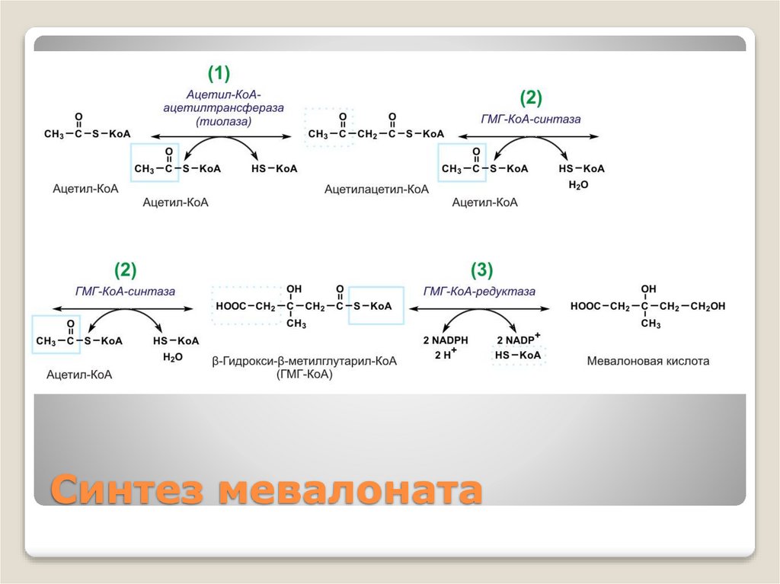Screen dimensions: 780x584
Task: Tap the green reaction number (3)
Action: click(x=481, y=270)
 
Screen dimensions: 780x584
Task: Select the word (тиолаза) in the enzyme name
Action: click(x=223, y=120)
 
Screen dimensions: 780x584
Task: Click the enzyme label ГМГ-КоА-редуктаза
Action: click(x=480, y=291)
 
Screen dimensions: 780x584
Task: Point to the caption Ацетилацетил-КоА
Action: click(x=376, y=189)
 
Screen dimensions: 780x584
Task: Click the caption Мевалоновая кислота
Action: click(x=647, y=361)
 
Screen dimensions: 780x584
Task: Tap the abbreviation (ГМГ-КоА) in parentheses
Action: click(x=305, y=375)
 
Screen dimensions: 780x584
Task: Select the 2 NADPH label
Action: click(x=446, y=340)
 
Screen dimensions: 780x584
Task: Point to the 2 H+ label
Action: click(x=446, y=356)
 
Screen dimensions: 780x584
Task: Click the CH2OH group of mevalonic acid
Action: click(x=708, y=306)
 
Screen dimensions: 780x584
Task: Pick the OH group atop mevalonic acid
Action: click(x=649, y=289)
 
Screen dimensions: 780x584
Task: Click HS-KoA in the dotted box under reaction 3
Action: click(x=518, y=356)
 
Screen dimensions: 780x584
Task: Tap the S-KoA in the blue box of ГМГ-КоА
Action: click(x=372, y=306)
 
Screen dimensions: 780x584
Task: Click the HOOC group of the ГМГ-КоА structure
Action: click(x=232, y=306)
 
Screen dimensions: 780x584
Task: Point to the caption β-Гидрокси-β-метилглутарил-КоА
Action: click(x=305, y=362)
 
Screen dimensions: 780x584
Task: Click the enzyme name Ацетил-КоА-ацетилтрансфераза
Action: click(x=223, y=101)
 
